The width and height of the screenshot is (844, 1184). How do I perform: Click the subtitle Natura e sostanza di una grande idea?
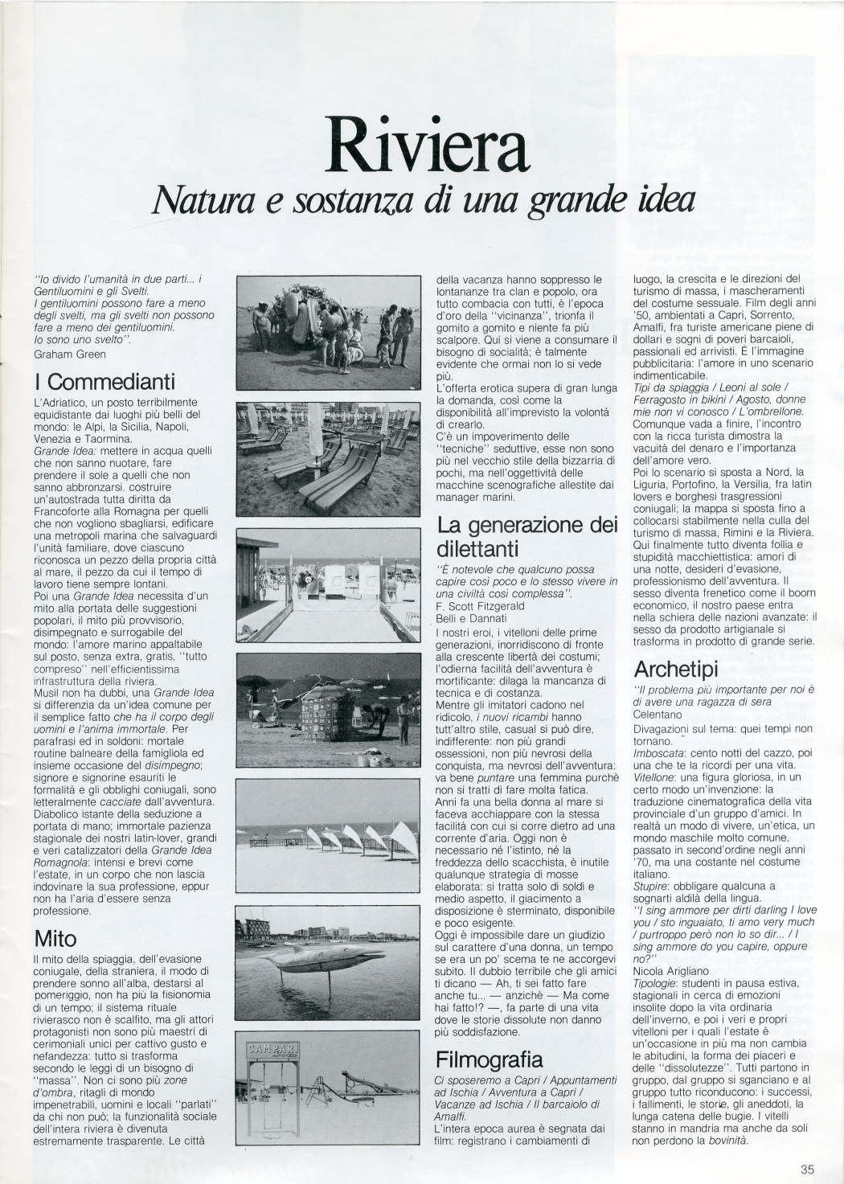424,199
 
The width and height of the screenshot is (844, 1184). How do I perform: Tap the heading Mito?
55,939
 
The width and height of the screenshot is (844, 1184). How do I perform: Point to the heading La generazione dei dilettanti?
526,536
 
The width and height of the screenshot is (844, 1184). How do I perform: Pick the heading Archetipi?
674,669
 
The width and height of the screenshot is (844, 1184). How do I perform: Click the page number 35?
807,1170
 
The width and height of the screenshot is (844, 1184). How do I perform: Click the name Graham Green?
70,353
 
